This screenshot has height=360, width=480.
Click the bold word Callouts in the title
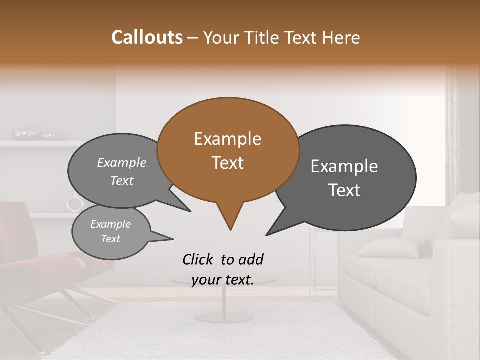pyautogui.click(x=147, y=37)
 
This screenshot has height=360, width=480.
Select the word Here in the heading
pyautogui.click(x=342, y=37)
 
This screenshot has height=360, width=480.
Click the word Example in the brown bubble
pyautogui.click(x=227, y=139)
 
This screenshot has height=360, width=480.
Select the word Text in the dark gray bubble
pyautogui.click(x=344, y=190)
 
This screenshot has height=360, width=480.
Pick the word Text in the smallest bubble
pyautogui.click(x=111, y=239)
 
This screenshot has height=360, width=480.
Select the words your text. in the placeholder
pyautogui.click(x=223, y=280)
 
